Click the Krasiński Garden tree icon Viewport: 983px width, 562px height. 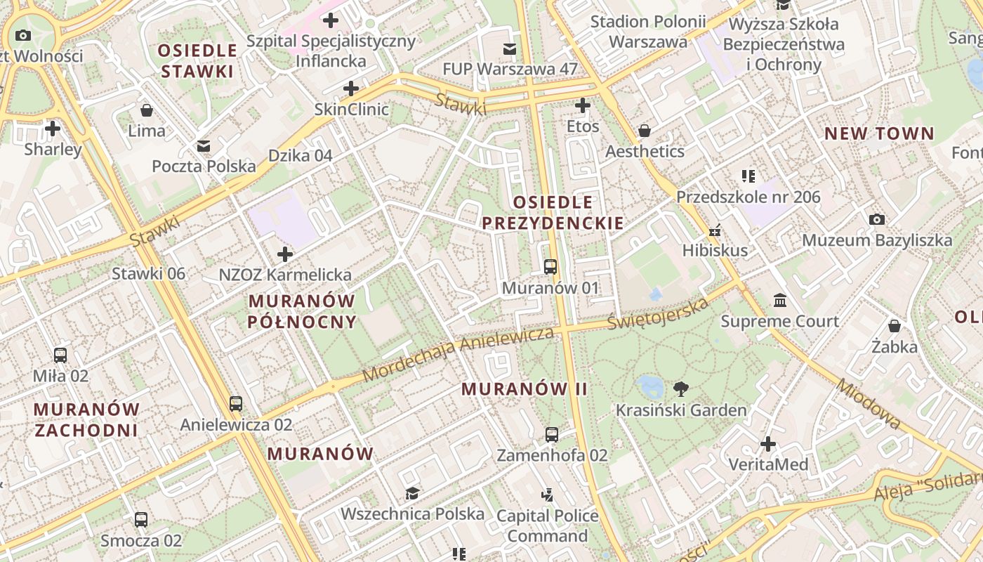(x=680, y=388)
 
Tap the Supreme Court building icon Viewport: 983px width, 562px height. (x=779, y=301)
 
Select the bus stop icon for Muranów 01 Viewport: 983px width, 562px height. (x=550, y=267)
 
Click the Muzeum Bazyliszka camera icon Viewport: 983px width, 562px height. (x=876, y=220)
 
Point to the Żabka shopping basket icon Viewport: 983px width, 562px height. (x=894, y=326)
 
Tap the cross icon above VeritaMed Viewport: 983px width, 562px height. (x=768, y=444)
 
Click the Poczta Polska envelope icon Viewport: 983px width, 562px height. (x=204, y=146)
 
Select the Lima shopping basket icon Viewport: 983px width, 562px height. (x=147, y=110)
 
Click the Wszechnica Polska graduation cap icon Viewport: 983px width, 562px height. (x=412, y=493)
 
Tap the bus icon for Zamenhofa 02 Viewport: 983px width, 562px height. (x=552, y=434)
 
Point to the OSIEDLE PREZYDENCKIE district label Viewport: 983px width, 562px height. (x=553, y=213)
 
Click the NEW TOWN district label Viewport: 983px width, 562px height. (x=879, y=133)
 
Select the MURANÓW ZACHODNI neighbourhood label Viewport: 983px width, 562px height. (x=86, y=419)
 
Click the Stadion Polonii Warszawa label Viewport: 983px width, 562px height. (x=647, y=32)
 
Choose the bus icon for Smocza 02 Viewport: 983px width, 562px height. (x=141, y=520)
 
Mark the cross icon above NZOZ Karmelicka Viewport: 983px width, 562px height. (x=285, y=254)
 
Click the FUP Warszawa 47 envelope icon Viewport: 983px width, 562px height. (x=510, y=48)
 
